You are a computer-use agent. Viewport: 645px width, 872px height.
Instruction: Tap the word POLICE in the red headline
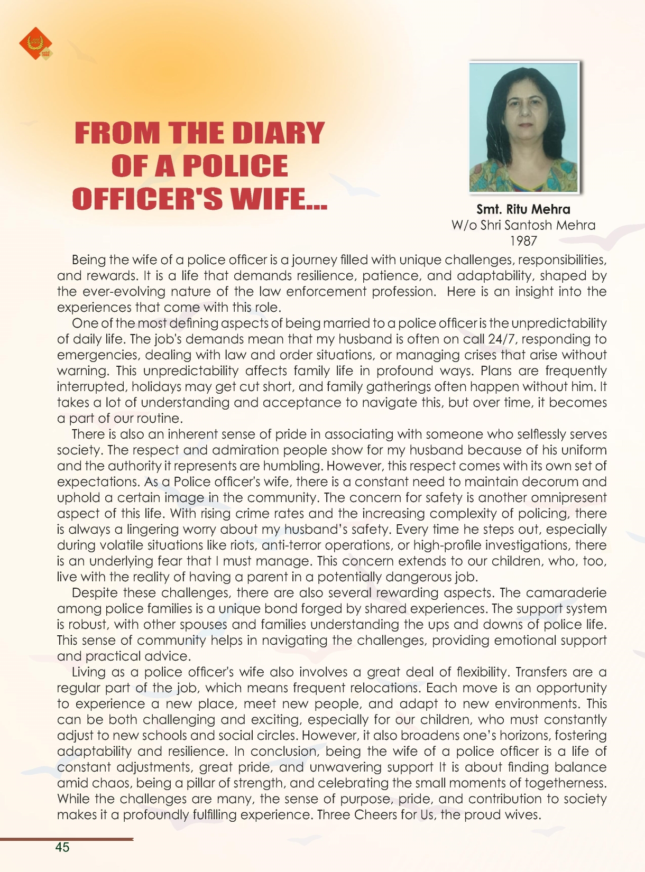tap(235, 166)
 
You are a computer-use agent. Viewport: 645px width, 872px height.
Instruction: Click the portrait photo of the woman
tap(523, 127)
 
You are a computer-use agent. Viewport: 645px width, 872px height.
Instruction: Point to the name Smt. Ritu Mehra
tap(523, 209)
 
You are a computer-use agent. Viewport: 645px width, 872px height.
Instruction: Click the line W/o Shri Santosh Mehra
tap(523, 225)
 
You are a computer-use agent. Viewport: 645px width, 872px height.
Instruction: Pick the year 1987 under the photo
tap(523, 241)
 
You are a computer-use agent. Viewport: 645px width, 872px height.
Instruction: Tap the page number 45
tap(62, 847)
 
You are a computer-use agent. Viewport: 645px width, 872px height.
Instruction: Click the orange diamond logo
tap(36, 43)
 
